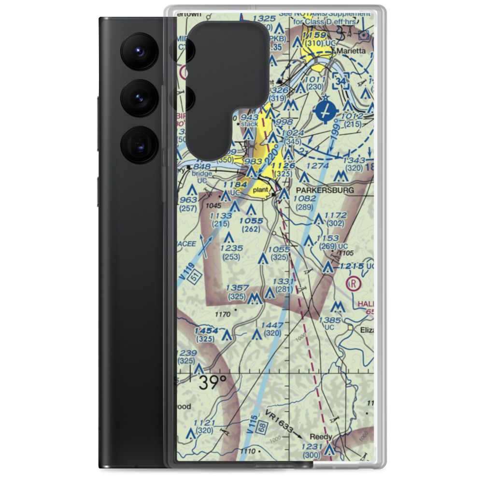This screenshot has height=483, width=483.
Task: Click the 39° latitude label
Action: pyautogui.click(x=213, y=383)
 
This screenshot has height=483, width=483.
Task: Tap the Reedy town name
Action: pyautogui.click(x=321, y=437)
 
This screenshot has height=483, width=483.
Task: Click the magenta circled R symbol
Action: pyautogui.click(x=354, y=282)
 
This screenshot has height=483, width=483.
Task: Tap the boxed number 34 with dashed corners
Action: pyautogui.click(x=342, y=82)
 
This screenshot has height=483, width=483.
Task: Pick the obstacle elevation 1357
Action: pyautogui.click(x=237, y=288)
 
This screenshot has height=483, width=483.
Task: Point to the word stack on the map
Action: pyautogui.click(x=250, y=124)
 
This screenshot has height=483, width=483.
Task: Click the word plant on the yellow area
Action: pyautogui.click(x=261, y=190)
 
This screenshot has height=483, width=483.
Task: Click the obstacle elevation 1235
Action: pyautogui.click(x=231, y=248)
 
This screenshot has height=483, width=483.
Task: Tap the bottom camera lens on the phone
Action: pyautogui.click(x=139, y=144)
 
